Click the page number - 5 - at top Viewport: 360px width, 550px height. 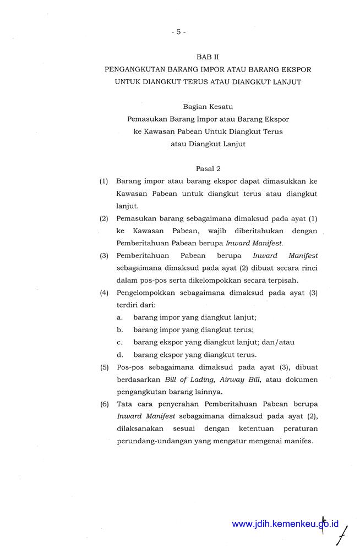(178, 32)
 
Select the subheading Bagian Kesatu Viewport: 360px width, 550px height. (208, 107)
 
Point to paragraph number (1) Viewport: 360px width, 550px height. (104, 181)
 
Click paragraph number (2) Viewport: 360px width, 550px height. (104, 218)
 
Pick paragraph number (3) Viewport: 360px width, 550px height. (104, 255)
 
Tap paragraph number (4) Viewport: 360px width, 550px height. (104, 293)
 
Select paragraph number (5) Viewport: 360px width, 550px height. (104, 367)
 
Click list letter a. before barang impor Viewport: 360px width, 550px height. (119, 317)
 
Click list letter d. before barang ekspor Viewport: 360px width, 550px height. (119, 354)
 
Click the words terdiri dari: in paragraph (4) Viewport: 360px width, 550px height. (136, 305)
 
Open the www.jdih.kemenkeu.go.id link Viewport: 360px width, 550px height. (285, 524)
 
